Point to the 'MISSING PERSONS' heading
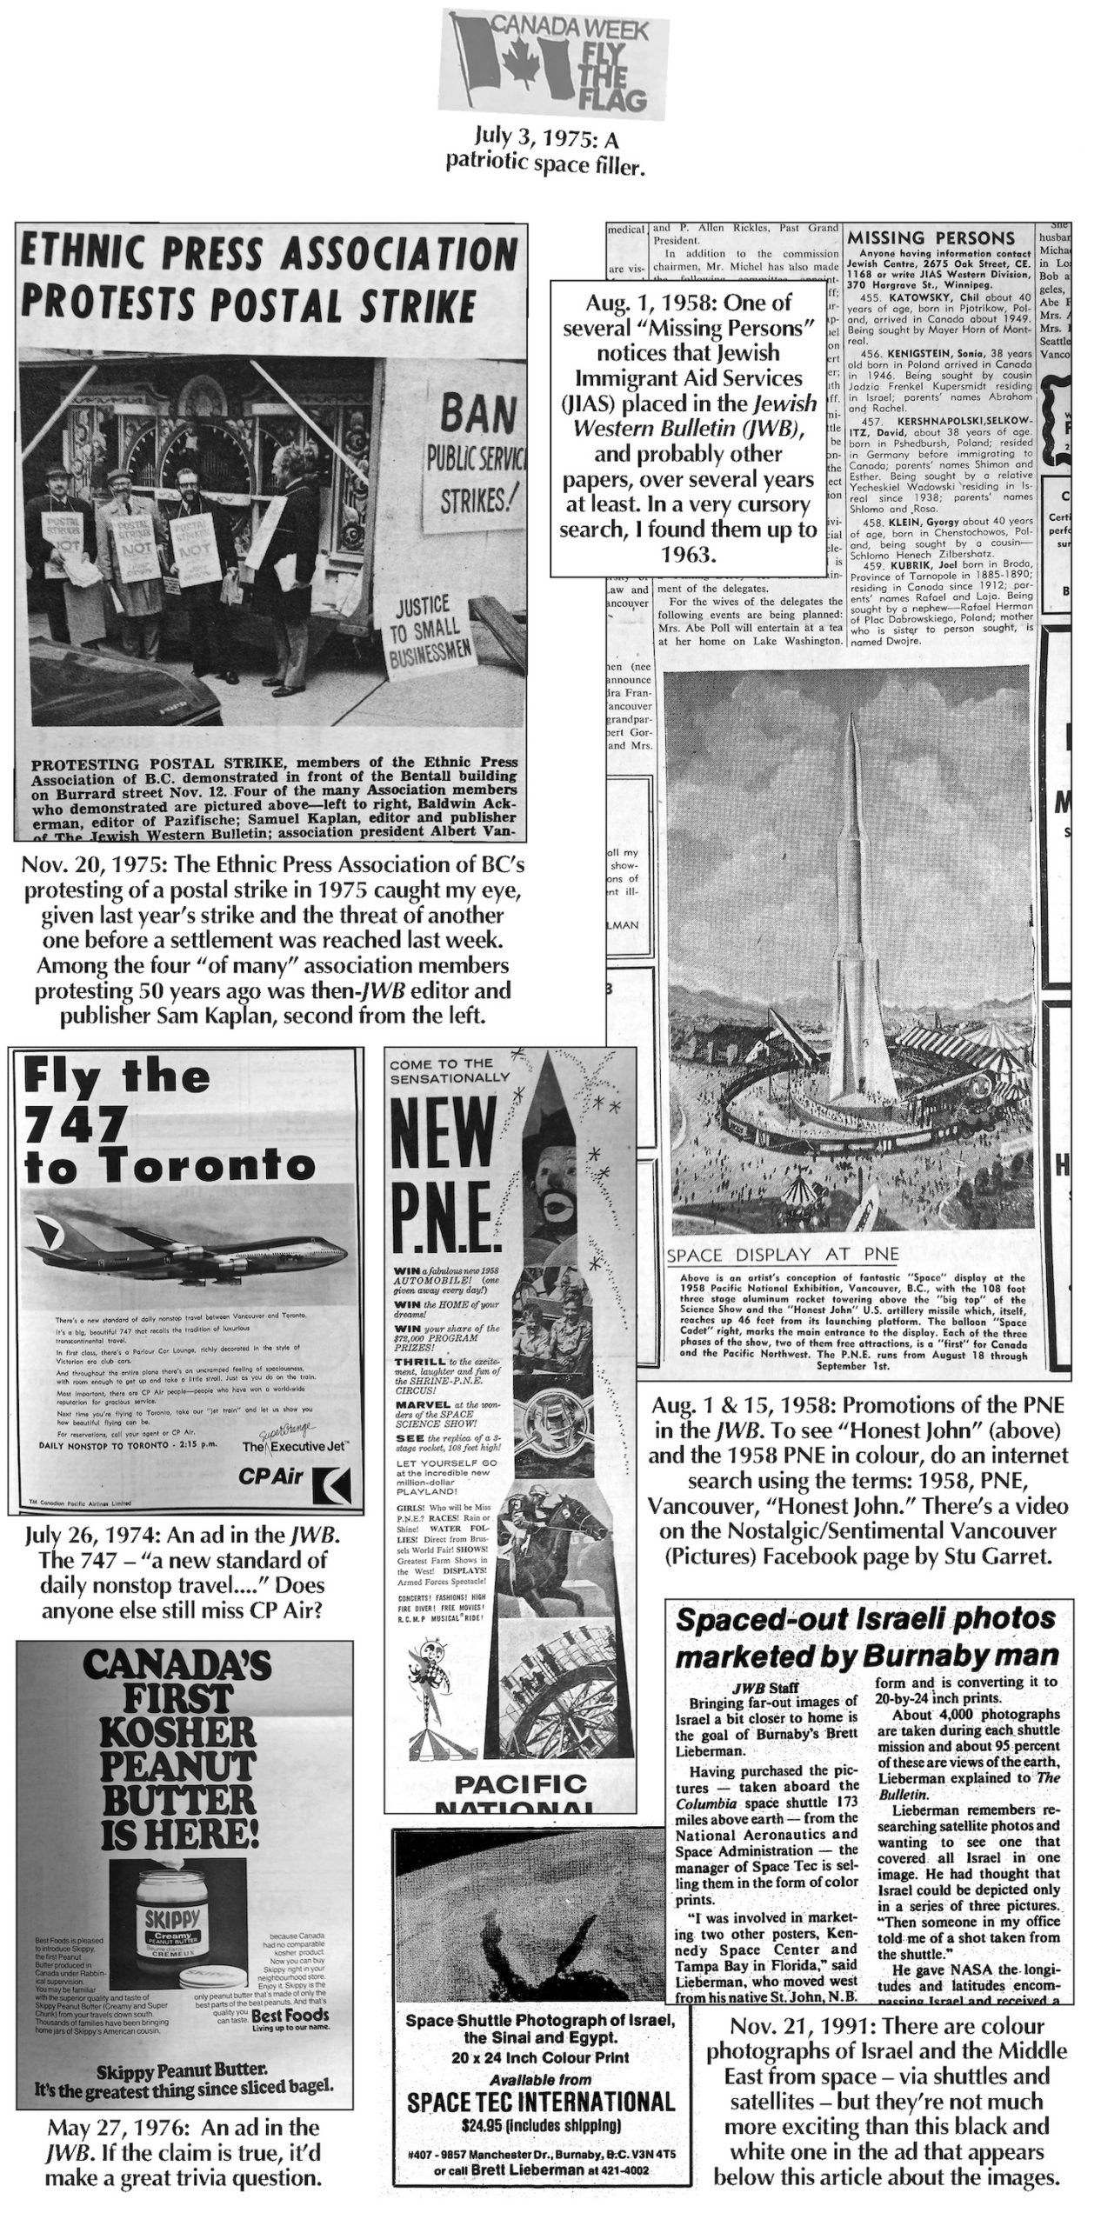pos(931,238)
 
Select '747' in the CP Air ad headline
pos(76,1127)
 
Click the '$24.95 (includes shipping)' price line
pos(540,2126)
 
